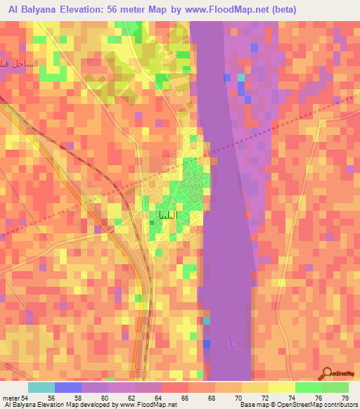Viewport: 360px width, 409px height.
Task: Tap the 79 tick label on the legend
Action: point(345,398)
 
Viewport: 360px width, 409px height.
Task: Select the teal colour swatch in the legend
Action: point(41,387)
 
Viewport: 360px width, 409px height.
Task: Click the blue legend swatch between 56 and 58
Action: point(68,387)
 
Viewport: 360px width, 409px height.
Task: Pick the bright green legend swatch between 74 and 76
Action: point(309,387)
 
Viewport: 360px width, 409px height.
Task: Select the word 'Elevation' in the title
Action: point(83,10)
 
